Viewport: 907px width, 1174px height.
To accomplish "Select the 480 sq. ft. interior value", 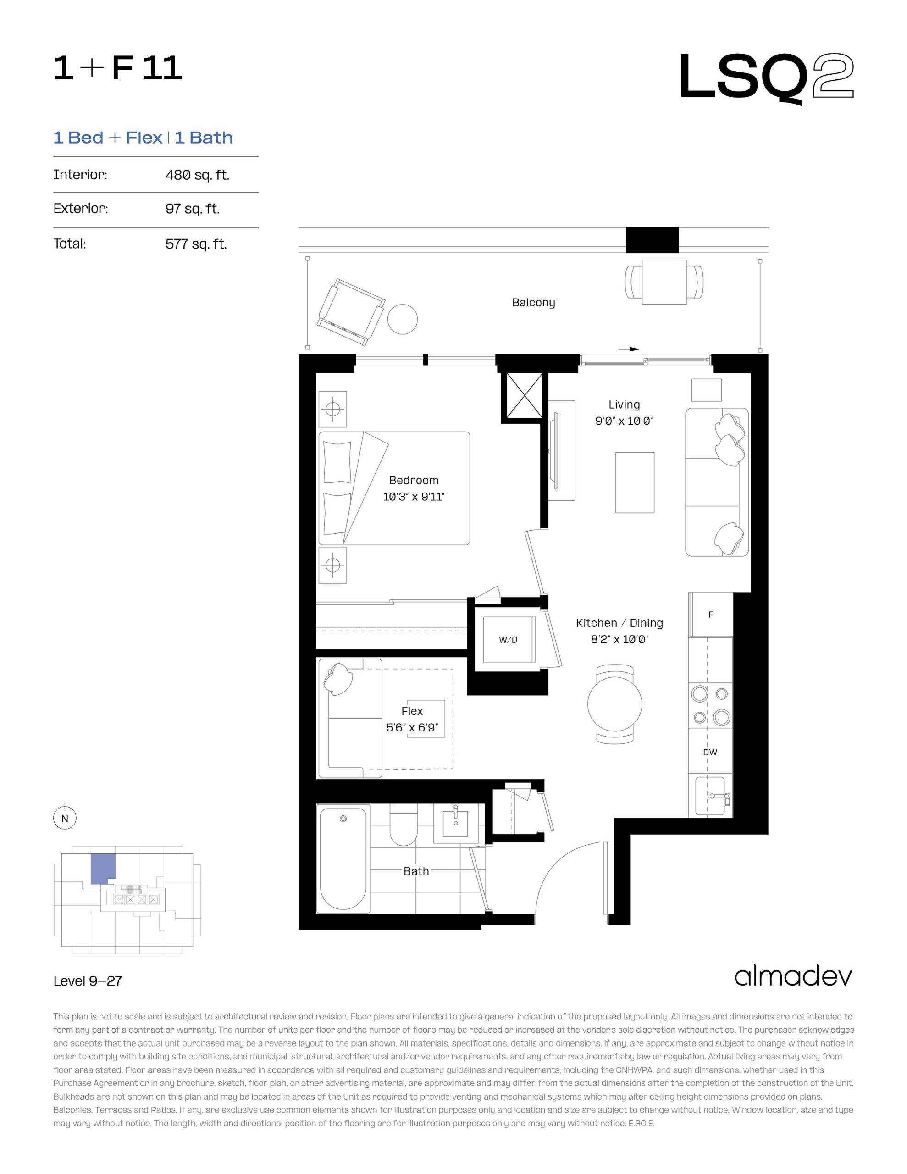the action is coord(197,175).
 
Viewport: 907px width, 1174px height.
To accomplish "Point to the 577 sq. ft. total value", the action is coord(196,244).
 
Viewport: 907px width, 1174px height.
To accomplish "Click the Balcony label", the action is coord(533,303).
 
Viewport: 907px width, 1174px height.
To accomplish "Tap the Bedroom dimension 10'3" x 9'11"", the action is coord(414,497).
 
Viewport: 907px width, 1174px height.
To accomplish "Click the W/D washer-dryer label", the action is coord(508,640).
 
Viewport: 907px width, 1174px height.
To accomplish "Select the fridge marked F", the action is coord(711,615).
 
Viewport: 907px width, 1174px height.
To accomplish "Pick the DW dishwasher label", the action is coord(710,753).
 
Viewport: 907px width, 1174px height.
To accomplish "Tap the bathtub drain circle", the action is coord(343,819).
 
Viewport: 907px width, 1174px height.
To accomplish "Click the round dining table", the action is coord(614,704).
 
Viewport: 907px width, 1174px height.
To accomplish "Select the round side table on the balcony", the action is coord(403,319).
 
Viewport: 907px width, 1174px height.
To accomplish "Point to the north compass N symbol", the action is coord(65,819).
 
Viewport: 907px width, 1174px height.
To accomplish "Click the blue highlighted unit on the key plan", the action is coord(102,868).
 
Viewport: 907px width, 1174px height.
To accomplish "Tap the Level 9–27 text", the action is coord(88,981).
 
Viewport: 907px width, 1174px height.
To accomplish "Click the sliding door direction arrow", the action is coord(629,349).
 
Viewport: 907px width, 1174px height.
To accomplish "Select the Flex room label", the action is coord(412,711).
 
